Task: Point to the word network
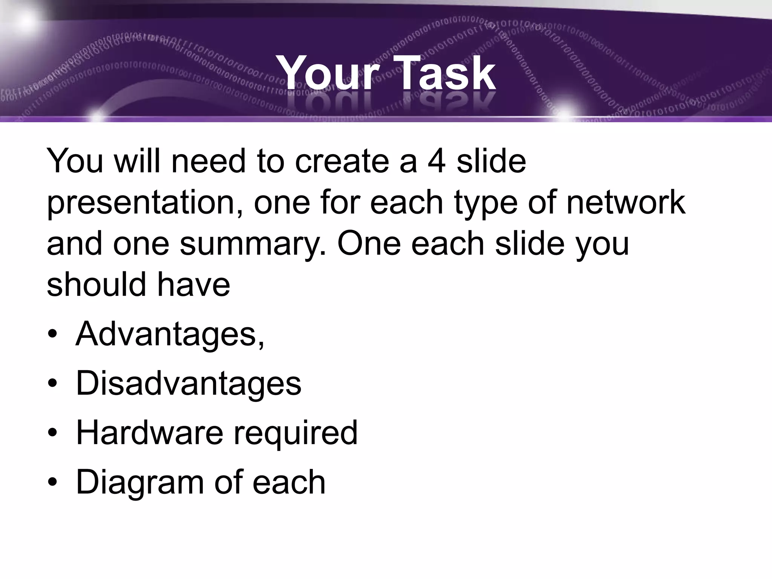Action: pos(626,202)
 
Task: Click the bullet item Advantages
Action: pos(170,334)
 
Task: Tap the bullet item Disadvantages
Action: pos(188,383)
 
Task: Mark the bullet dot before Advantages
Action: pos(53,335)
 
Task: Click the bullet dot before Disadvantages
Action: pos(53,384)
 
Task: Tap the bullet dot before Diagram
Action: pos(53,482)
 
